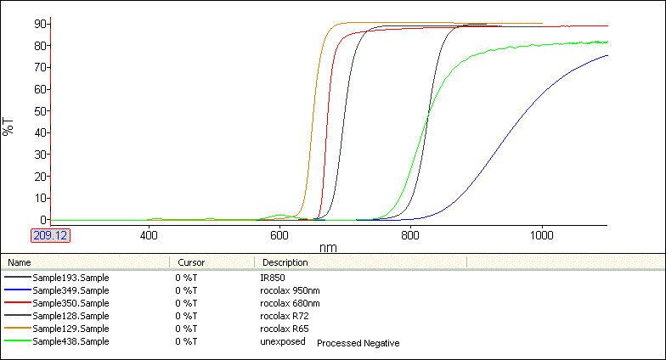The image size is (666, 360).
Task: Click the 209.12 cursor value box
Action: point(50,235)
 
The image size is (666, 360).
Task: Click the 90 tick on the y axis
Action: point(39,24)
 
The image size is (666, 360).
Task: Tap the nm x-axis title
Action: point(328,247)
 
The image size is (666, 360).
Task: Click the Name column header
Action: point(20,262)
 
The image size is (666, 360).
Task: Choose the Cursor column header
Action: point(191,262)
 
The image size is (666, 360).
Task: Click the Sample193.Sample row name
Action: point(71,278)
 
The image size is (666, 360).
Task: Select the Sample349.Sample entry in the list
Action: point(71,290)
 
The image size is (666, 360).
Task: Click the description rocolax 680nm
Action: point(291,303)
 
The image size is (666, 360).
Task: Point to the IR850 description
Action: point(272,278)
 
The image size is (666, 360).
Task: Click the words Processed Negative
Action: point(358,343)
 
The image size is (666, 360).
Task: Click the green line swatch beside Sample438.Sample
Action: point(17,341)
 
